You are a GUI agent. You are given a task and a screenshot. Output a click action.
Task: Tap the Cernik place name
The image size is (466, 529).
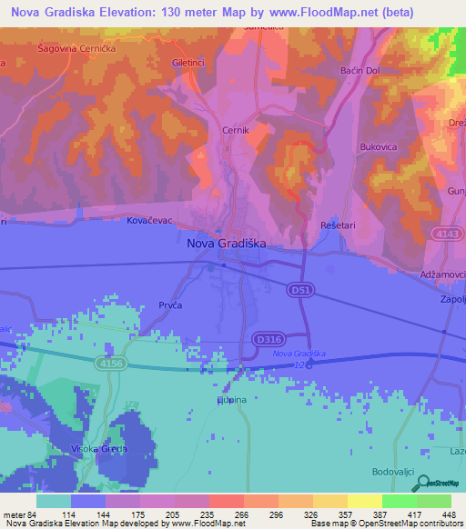tap(236, 131)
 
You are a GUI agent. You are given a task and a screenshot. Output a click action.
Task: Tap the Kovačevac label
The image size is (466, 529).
tap(150, 221)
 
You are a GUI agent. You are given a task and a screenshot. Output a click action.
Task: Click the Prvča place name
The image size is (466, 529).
tap(170, 305)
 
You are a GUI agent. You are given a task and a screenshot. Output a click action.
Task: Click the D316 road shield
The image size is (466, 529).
tap(268, 339)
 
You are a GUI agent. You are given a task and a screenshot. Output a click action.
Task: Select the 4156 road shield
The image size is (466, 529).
tap(111, 363)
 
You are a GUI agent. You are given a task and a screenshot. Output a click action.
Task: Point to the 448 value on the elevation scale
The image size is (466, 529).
tap(448, 515)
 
